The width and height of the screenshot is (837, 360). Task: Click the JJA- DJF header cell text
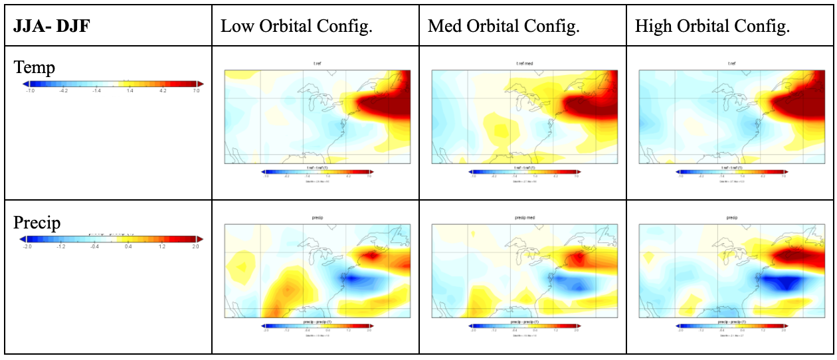click(51, 27)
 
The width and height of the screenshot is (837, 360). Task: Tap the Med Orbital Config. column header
click(504, 27)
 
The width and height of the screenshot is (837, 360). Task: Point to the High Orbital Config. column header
click(712, 27)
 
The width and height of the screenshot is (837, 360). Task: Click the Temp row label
click(34, 67)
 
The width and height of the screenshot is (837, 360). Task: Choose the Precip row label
click(37, 222)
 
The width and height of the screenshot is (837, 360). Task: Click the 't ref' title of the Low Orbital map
click(318, 64)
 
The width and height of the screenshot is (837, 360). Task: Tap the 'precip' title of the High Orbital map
click(731, 218)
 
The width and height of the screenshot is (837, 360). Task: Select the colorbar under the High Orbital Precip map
click(731, 326)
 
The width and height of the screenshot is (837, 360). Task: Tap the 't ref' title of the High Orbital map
click(731, 64)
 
